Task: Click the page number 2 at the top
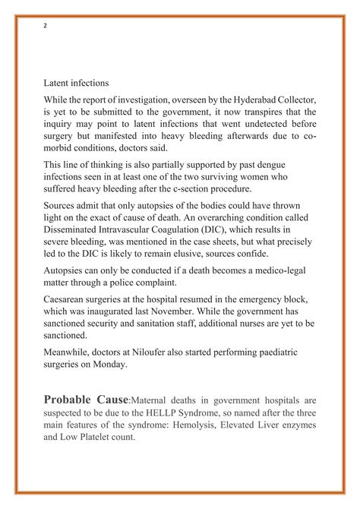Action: (45, 25)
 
